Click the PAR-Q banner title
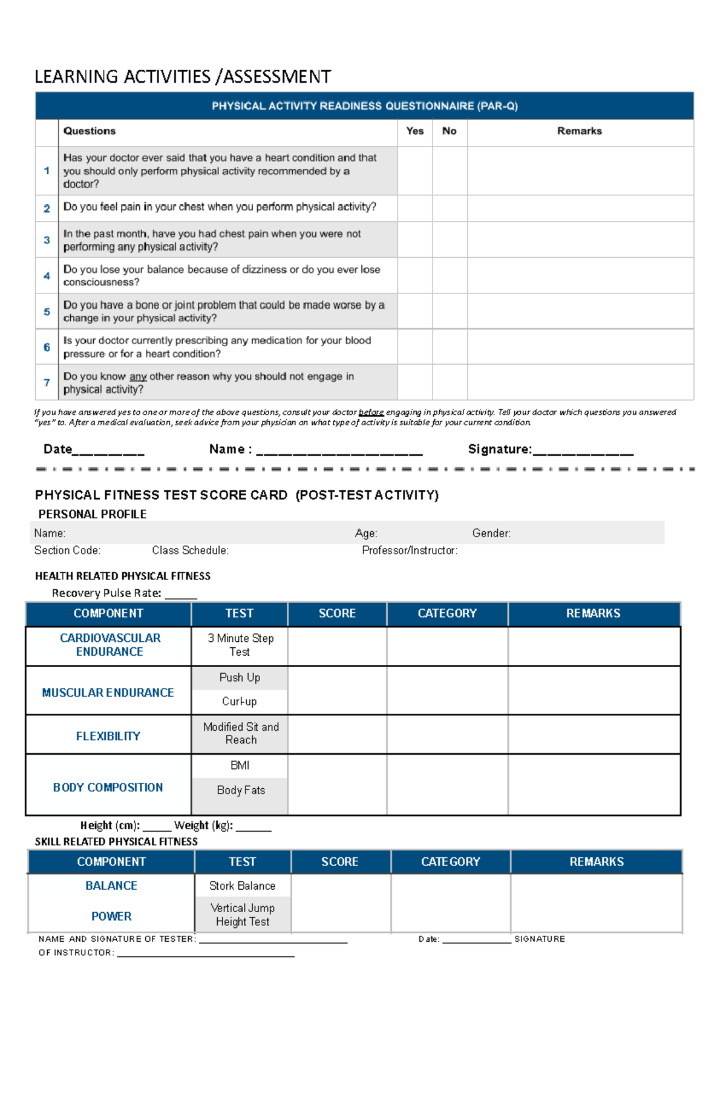click(364, 106)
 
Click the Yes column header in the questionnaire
click(414, 131)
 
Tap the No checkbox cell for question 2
click(450, 207)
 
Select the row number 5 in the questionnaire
click(47, 312)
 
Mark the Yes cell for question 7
click(414, 382)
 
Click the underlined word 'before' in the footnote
click(371, 413)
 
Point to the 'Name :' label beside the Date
click(230, 449)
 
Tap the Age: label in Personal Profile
click(366, 533)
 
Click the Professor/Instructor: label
click(410, 550)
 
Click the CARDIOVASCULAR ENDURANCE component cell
click(110, 645)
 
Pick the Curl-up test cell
click(240, 702)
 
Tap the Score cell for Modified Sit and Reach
click(337, 734)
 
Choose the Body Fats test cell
click(240, 790)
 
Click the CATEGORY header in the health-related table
click(447, 613)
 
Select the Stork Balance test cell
click(243, 886)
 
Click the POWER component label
click(111, 916)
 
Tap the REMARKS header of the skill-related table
click(596, 862)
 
